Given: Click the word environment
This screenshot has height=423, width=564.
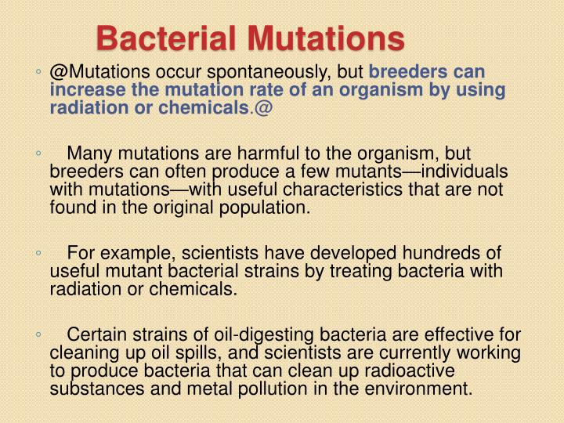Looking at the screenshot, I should pos(421,389).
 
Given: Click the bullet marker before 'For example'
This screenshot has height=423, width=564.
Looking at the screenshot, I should pos(38,254).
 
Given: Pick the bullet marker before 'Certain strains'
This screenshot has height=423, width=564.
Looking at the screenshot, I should pos(38,335).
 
